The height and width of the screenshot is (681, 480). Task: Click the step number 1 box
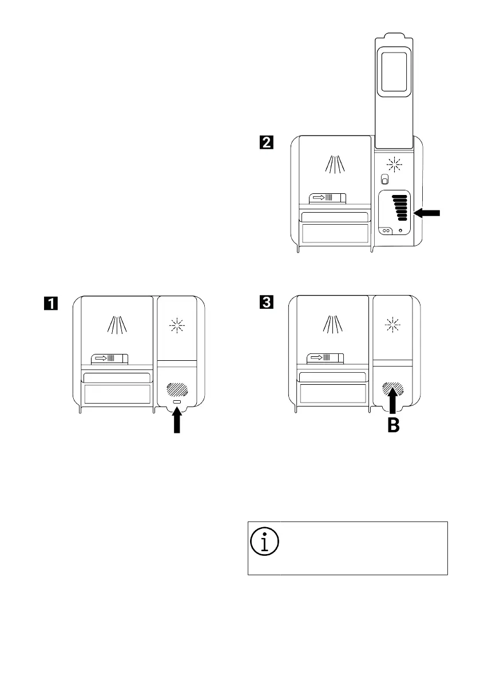(x=51, y=304)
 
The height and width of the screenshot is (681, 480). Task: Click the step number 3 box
(x=267, y=304)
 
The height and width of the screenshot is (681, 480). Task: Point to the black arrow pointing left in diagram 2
(x=427, y=213)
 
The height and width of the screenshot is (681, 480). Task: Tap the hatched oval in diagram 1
(x=177, y=391)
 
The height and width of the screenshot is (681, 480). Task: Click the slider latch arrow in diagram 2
(x=318, y=198)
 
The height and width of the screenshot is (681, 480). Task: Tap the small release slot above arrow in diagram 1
(x=177, y=404)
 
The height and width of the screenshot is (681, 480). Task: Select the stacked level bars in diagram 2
(x=399, y=207)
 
